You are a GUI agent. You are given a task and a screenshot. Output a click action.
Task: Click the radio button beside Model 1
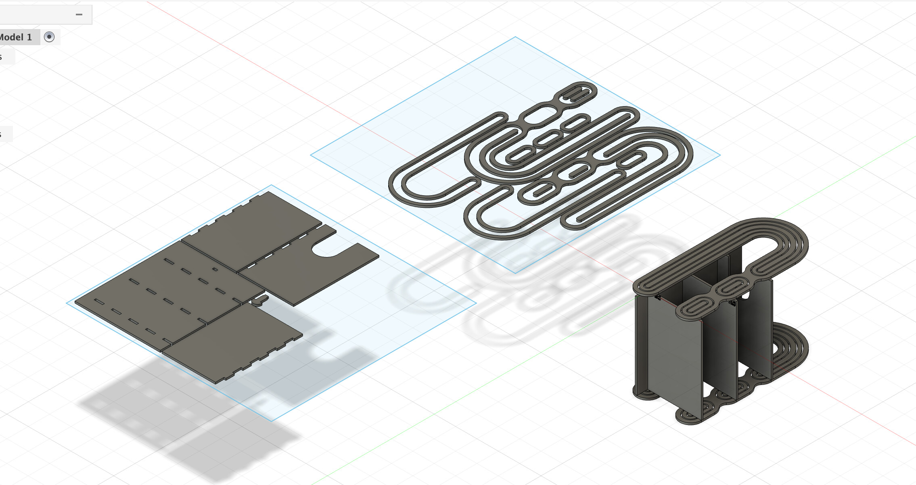pyautogui.click(x=49, y=37)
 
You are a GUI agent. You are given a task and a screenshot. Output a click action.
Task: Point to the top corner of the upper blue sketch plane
pyautogui.click(x=515, y=38)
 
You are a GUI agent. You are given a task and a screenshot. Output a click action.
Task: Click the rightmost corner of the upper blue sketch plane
pyautogui.click(x=719, y=155)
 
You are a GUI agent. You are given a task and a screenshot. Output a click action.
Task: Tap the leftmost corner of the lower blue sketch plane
pyautogui.click(x=67, y=303)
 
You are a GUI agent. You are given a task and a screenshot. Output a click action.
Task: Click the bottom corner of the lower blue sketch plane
pyautogui.click(x=272, y=420)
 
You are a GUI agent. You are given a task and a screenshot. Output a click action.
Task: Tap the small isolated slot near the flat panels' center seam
pyautogui.click(x=215, y=269)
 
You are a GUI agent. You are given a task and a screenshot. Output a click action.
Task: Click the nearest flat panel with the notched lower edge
pyautogui.click(x=234, y=343)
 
